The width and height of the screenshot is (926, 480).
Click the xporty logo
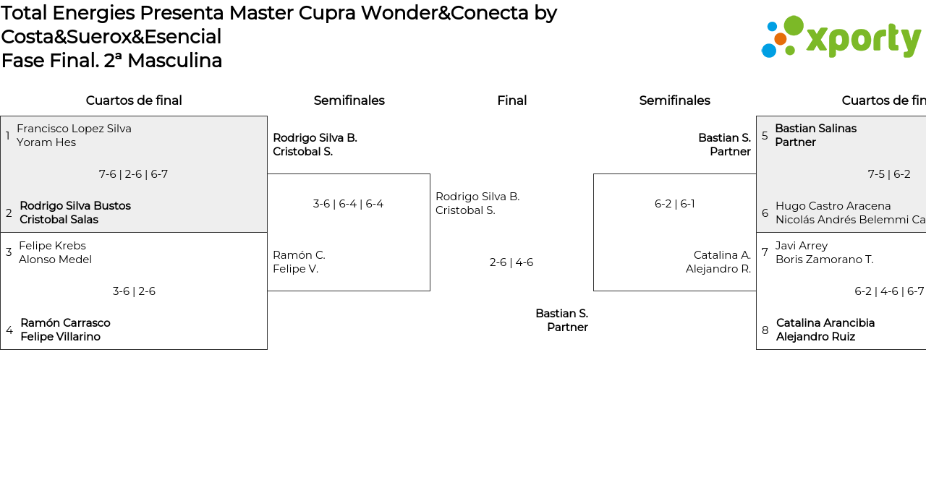841,37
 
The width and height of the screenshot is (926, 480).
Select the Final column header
511,100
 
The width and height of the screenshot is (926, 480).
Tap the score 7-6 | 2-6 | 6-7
133,174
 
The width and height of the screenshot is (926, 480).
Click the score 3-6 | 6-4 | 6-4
348,204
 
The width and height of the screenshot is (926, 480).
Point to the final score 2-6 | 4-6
511,262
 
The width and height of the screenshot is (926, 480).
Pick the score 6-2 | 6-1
675,204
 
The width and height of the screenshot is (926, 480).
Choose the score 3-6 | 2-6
134,291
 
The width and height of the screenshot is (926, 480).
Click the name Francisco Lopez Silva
74,129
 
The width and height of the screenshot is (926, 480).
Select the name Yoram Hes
46,142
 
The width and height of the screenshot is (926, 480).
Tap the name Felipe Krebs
53,245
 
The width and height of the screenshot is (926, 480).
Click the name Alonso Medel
56,260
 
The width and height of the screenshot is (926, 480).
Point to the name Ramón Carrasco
65,322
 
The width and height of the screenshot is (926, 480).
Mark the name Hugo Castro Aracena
833,206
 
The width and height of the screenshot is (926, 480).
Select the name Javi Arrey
802,245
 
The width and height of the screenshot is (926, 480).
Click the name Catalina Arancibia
825,322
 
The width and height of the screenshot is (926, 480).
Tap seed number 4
9,330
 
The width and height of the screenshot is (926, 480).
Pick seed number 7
765,252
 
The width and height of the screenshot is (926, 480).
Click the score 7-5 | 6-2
889,174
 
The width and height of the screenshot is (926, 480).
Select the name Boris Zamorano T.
825,260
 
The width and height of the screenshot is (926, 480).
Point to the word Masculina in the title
175,61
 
